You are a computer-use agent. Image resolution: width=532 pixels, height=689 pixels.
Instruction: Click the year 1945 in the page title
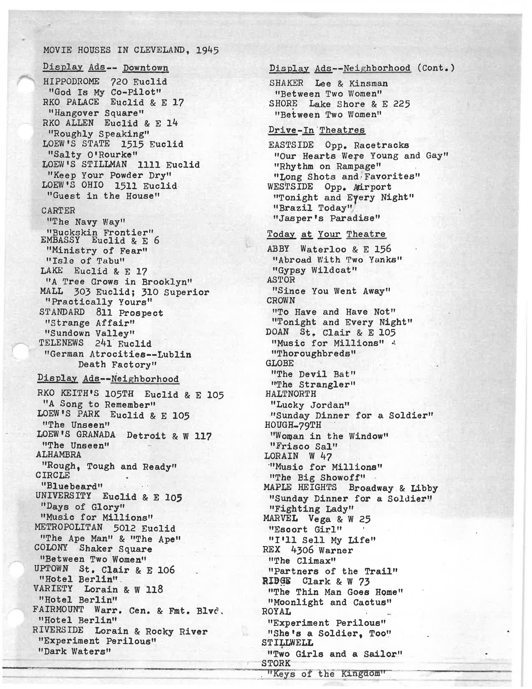coord(207,50)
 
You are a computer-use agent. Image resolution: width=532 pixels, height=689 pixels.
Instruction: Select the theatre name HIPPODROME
coord(71,81)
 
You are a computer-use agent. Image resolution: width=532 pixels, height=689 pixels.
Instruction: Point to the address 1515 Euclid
coord(152,144)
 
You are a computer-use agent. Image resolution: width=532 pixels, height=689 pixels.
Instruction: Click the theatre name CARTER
coord(58,210)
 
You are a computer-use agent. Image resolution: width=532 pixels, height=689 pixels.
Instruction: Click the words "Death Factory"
coord(117,365)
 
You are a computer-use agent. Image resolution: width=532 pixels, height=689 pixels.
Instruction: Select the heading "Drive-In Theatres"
coord(316,130)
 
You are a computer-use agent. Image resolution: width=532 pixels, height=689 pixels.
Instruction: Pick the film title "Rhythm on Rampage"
coord(328,166)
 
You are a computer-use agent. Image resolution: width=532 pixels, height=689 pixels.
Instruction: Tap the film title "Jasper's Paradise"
coord(327,218)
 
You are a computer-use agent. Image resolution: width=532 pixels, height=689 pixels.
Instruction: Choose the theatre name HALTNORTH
coord(291,394)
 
